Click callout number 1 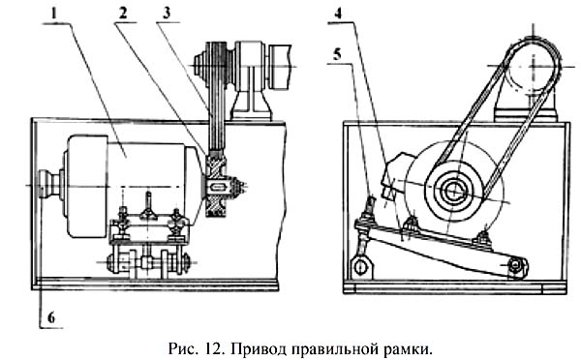(x=54, y=14)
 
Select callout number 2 (x=123, y=14)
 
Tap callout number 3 (x=167, y=14)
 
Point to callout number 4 (x=338, y=14)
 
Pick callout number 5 (x=337, y=54)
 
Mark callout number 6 (x=51, y=317)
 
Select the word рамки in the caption (x=411, y=349)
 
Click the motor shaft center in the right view (x=453, y=191)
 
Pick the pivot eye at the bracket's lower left (x=360, y=266)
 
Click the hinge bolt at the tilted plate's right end (x=516, y=264)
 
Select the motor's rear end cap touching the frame (x=48, y=184)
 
